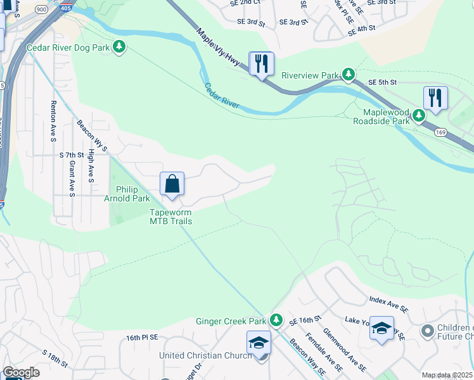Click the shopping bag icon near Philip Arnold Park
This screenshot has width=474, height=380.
pyautogui.click(x=172, y=184)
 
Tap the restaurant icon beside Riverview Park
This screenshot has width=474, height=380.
pyautogui.click(x=261, y=63)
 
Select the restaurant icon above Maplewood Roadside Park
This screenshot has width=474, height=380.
pyautogui.click(x=435, y=98)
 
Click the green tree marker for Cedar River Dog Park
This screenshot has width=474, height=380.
pyautogui.click(x=119, y=47)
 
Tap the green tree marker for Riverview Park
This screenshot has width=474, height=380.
pyautogui.click(x=348, y=75)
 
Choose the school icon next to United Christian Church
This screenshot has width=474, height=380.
pyautogui.click(x=259, y=343)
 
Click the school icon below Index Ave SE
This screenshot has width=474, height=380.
pyautogui.click(x=381, y=328)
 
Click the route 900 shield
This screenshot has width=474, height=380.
pyautogui.click(x=42, y=9)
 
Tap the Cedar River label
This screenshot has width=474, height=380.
pyautogui.click(x=222, y=95)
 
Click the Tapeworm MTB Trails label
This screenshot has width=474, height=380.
pyautogui.click(x=170, y=217)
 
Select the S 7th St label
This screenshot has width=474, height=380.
pyautogui.click(x=72, y=155)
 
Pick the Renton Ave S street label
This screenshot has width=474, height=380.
pyautogui.click(x=53, y=120)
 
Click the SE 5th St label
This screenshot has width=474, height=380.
pyautogui.click(x=382, y=82)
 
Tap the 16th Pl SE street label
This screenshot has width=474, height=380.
pyautogui.click(x=141, y=338)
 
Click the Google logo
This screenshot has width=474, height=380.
pyautogui.click(x=22, y=372)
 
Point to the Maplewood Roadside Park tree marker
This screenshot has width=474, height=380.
pyautogui.click(x=419, y=115)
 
